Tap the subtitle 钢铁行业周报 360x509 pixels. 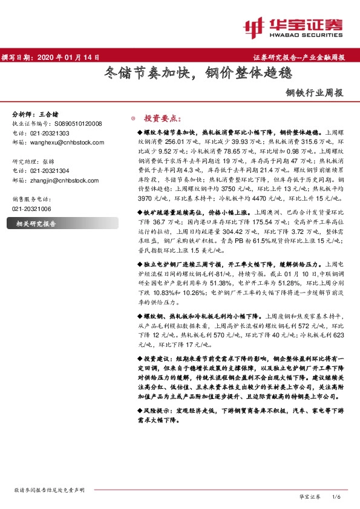(315, 94)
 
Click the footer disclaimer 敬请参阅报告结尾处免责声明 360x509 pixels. (49, 489)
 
